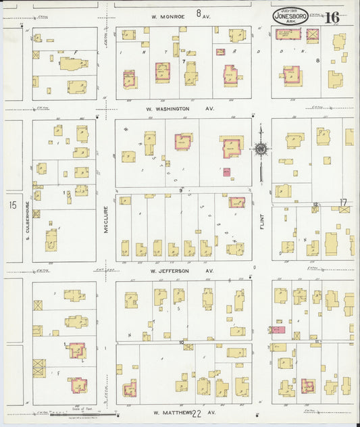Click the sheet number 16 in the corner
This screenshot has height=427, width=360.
coord(332,18)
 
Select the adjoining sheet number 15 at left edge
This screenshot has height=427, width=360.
coord(11,205)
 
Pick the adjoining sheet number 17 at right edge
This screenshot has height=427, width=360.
coord(343,202)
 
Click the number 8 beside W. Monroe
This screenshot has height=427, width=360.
coord(199,13)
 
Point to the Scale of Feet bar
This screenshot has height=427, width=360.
coord(76,413)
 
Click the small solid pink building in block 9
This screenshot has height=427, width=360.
coord(227,172)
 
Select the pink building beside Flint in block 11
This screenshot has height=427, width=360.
coord(278,330)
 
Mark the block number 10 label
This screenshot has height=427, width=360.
coord(182,343)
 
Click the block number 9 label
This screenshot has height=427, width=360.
coord(181,191)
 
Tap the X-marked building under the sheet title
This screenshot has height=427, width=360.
coord(312,35)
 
